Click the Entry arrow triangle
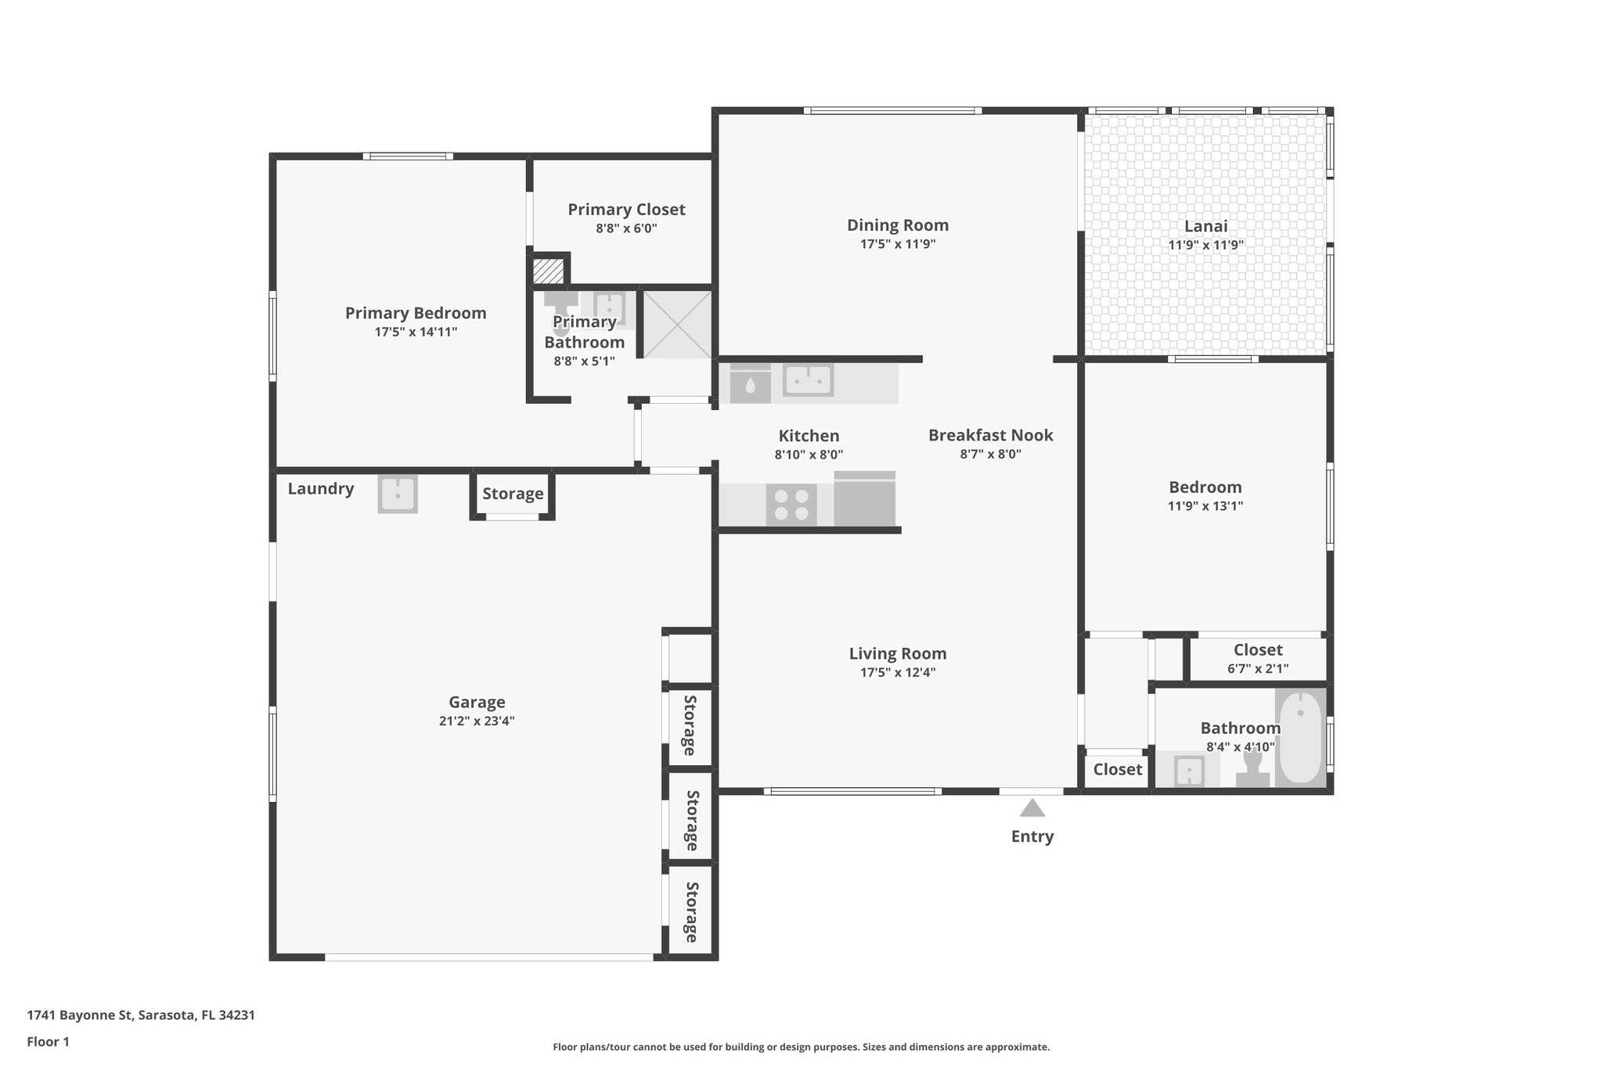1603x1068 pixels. [x=1032, y=808]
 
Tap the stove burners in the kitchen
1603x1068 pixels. [x=791, y=505]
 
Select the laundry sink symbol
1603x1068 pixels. [x=398, y=494]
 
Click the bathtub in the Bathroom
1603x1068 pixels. [x=1300, y=737]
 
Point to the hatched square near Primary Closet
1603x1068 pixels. [x=548, y=271]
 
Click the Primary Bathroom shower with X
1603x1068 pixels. [x=677, y=325]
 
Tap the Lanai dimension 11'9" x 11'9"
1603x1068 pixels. [x=1205, y=245]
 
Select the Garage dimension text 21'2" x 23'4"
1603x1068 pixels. [x=476, y=721]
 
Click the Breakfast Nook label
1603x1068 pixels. [x=990, y=435]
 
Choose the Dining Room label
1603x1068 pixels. [x=897, y=225]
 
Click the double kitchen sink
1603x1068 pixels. [x=808, y=381]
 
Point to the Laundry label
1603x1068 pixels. [x=320, y=489]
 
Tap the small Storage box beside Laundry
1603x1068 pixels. [x=513, y=494]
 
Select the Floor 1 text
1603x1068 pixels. [x=48, y=1042]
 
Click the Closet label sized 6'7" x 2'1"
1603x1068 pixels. [x=1257, y=650]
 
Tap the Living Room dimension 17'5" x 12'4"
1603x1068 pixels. [x=897, y=672]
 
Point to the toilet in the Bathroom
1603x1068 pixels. [x=1252, y=768]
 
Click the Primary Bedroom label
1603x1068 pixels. [x=416, y=313]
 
